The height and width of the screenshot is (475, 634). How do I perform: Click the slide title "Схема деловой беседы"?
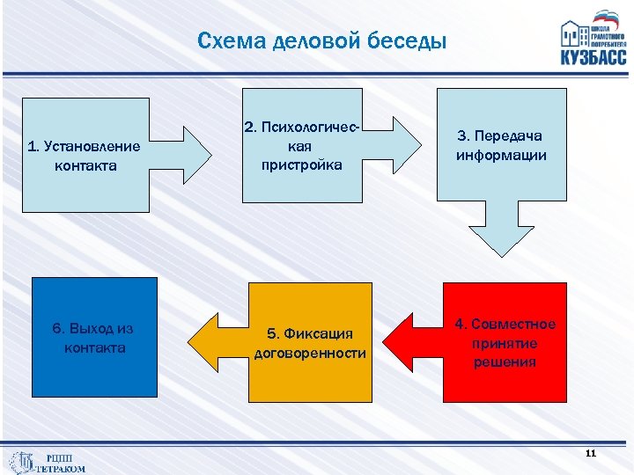tap(322, 41)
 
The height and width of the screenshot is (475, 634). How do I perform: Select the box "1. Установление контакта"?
tap(85, 155)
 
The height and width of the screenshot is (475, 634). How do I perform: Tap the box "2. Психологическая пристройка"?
tap(302, 146)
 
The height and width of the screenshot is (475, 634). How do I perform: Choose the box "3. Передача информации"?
tap(500, 146)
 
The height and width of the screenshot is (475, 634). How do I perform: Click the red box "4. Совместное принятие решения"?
tap(505, 343)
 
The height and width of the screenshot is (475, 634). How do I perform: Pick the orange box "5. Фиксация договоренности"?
tap(310, 343)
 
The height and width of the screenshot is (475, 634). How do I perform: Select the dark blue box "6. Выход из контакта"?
tap(93, 338)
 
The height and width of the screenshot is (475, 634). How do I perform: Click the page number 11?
tap(590, 453)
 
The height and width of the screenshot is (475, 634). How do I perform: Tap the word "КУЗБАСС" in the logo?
tap(593, 56)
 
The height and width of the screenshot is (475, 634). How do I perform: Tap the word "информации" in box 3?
tap(501, 156)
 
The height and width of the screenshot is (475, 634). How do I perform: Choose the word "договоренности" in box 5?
tap(310, 354)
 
